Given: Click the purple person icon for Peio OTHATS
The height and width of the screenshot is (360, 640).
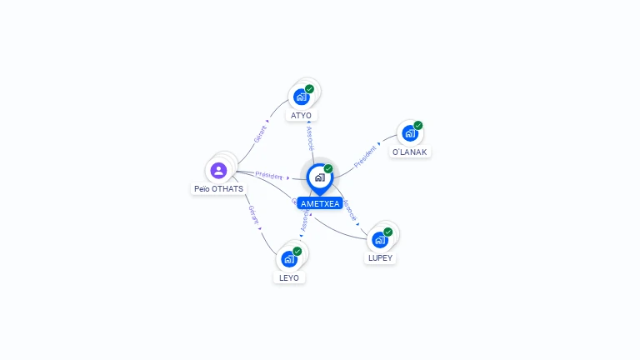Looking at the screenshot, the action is [x=218, y=170].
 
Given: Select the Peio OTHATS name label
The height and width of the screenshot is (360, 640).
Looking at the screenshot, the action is [x=218, y=189].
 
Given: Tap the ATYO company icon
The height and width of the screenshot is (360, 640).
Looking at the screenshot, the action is [x=301, y=96].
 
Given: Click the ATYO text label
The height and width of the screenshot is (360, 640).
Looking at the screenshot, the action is [x=301, y=116].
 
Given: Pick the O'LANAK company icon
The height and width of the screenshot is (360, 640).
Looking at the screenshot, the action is [x=409, y=132].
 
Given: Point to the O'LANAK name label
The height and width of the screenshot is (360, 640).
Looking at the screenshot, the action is [x=410, y=152].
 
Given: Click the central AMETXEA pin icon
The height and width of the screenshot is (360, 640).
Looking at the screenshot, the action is [x=319, y=177].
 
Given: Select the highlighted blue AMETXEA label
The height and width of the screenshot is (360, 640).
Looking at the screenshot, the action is [x=320, y=203].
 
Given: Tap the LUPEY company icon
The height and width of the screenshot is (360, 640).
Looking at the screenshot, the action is [x=380, y=239].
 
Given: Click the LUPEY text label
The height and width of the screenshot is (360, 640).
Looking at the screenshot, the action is [x=380, y=258].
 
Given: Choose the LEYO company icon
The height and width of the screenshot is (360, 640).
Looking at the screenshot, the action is [x=289, y=258].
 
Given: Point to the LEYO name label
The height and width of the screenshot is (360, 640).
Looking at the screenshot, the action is [x=289, y=277].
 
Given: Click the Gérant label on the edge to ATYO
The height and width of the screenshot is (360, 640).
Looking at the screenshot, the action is [x=259, y=134].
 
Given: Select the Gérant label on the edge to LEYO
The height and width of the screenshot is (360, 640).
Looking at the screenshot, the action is [x=252, y=214].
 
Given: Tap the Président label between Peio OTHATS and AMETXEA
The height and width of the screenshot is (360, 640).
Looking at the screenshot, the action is [x=268, y=176].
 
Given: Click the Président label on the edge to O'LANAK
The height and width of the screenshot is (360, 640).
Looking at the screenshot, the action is [x=366, y=156].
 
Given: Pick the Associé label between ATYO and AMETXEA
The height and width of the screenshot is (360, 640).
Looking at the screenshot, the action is [x=309, y=138].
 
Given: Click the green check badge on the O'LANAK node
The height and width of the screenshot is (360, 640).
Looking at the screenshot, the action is [x=418, y=125].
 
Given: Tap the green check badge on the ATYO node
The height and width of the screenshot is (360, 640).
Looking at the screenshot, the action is [x=309, y=88].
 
